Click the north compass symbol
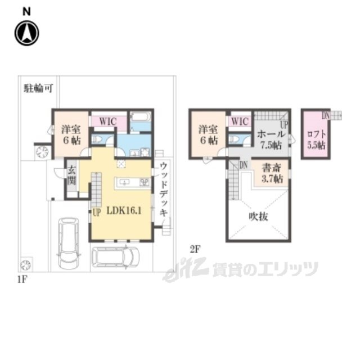[26, 33]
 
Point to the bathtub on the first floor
[139, 120]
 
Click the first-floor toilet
[97, 139]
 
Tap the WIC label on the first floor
[108, 120]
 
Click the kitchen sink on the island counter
[124, 182]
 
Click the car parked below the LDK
[115, 257]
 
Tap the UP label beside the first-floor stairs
[96, 212]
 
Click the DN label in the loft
[326, 115]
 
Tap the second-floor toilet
[233, 140]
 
